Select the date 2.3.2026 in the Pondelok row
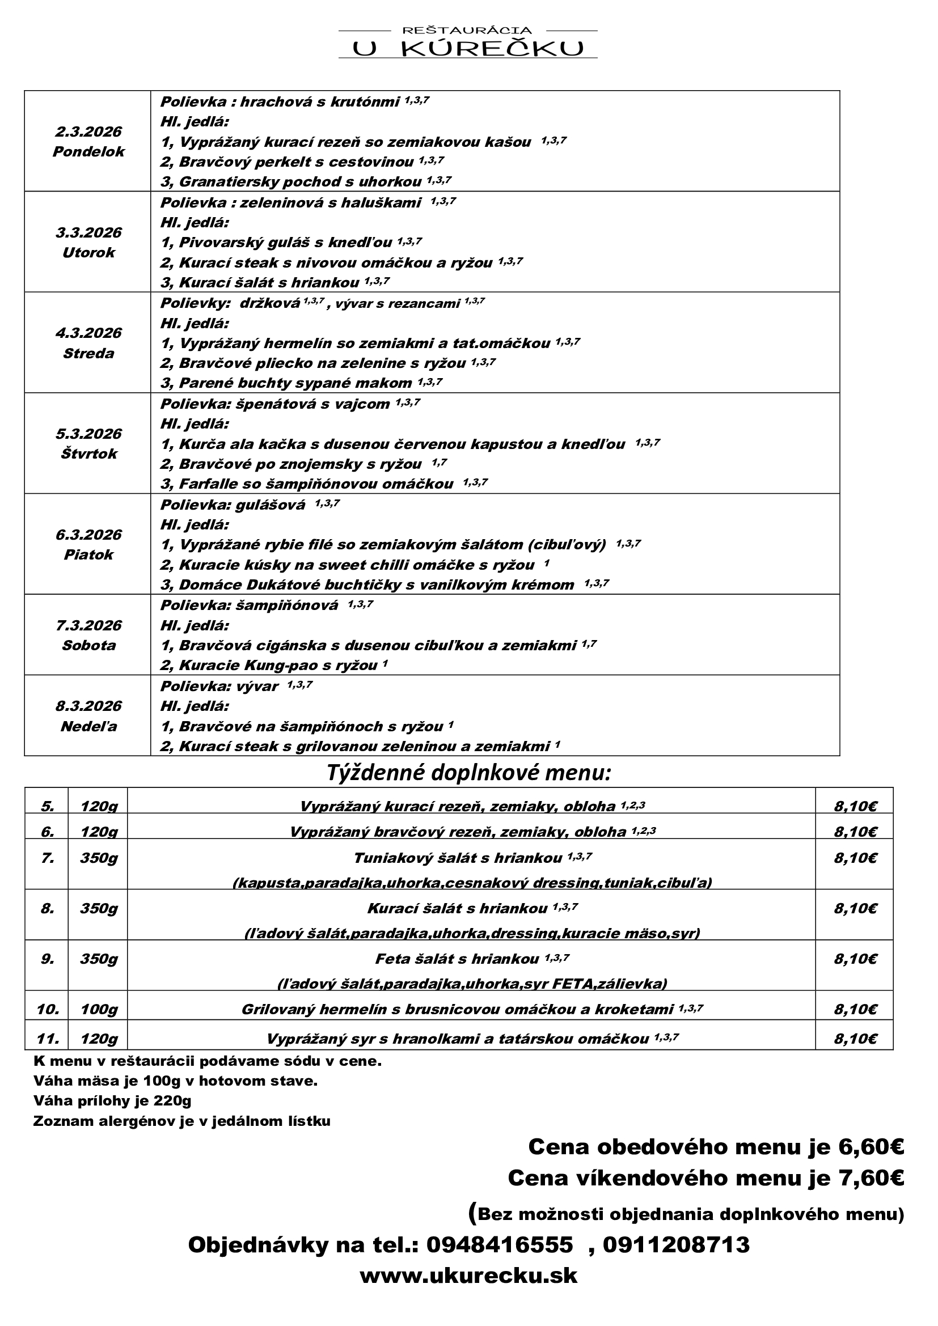(x=88, y=132)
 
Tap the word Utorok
(x=88, y=253)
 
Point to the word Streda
(x=88, y=353)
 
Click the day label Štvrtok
(x=88, y=454)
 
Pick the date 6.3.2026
(x=88, y=535)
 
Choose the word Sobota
(x=88, y=646)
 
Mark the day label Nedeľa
(x=88, y=727)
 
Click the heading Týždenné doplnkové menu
(x=468, y=772)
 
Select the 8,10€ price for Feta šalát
(x=855, y=959)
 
